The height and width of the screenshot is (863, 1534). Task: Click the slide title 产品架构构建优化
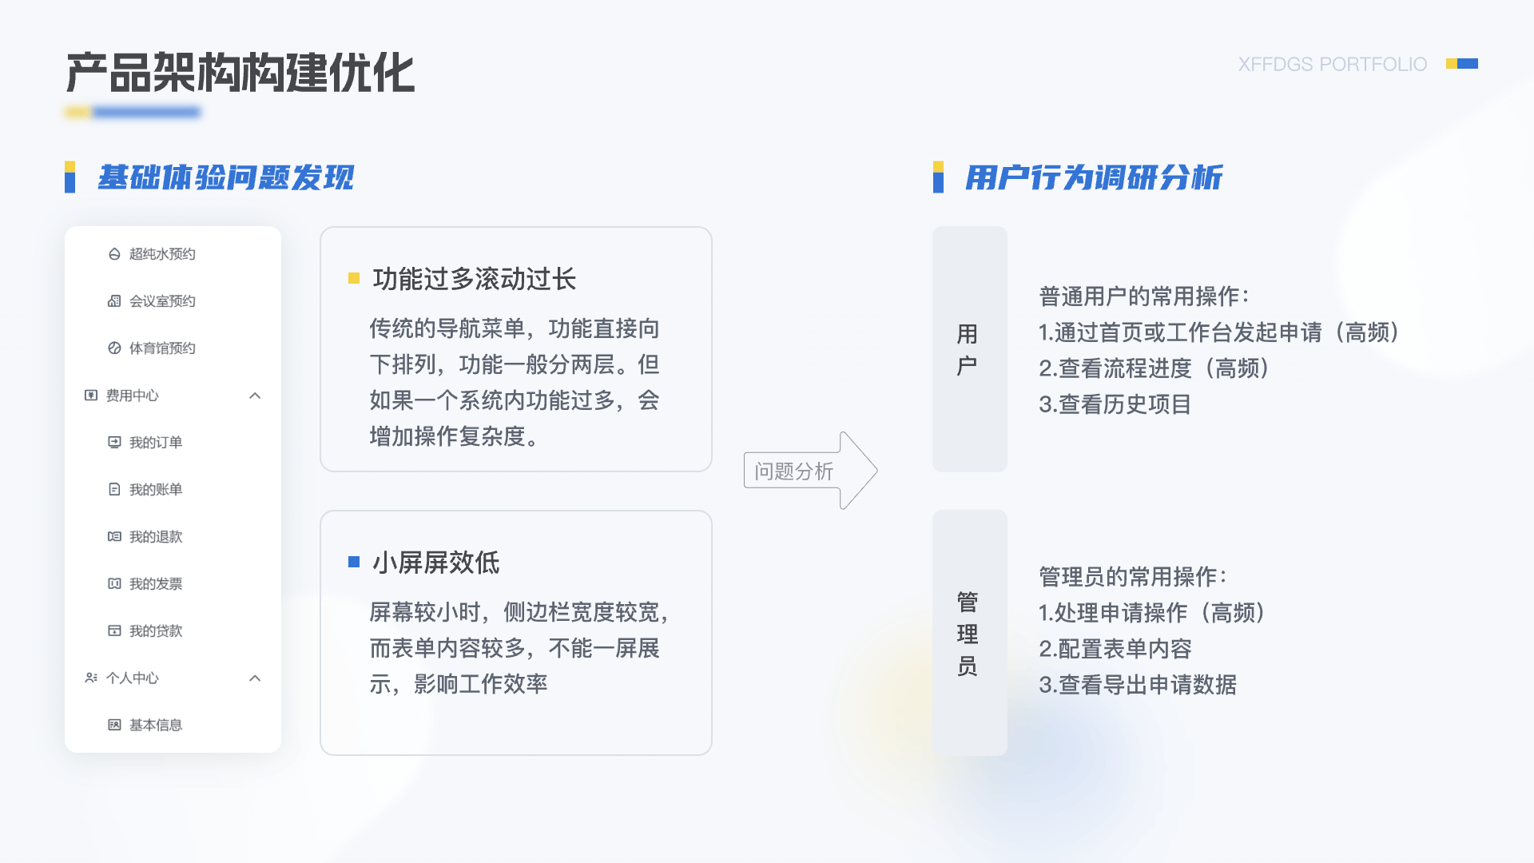[x=240, y=73]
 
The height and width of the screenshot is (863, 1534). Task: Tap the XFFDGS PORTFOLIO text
[x=1332, y=64]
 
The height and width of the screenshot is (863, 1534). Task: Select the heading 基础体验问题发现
[x=226, y=177]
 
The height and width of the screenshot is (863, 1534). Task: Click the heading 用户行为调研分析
[x=1094, y=177]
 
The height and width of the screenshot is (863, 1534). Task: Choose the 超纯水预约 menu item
[x=152, y=254]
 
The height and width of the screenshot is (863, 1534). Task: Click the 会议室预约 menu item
[x=152, y=301]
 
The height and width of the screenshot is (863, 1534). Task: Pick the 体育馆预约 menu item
[x=152, y=348]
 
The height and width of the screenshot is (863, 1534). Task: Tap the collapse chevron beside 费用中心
[x=255, y=396]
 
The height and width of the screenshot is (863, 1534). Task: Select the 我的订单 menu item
[x=145, y=443]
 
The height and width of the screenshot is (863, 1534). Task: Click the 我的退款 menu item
[x=145, y=537]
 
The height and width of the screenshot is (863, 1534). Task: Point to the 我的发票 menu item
[x=145, y=584]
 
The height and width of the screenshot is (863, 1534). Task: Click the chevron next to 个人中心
[x=255, y=678]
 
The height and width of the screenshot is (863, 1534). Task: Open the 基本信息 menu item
[x=145, y=726]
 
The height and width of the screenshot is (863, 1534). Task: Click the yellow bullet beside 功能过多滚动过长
[x=354, y=278]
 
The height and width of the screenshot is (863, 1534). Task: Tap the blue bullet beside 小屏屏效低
[x=354, y=562]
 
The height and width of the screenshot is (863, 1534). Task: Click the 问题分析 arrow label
[x=794, y=471]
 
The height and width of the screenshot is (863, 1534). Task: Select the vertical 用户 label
[x=968, y=350]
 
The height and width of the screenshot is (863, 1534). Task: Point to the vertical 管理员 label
[x=968, y=634]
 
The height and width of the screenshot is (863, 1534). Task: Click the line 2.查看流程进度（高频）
[x=1154, y=368]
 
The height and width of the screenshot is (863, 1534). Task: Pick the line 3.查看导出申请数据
[x=1138, y=685]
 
